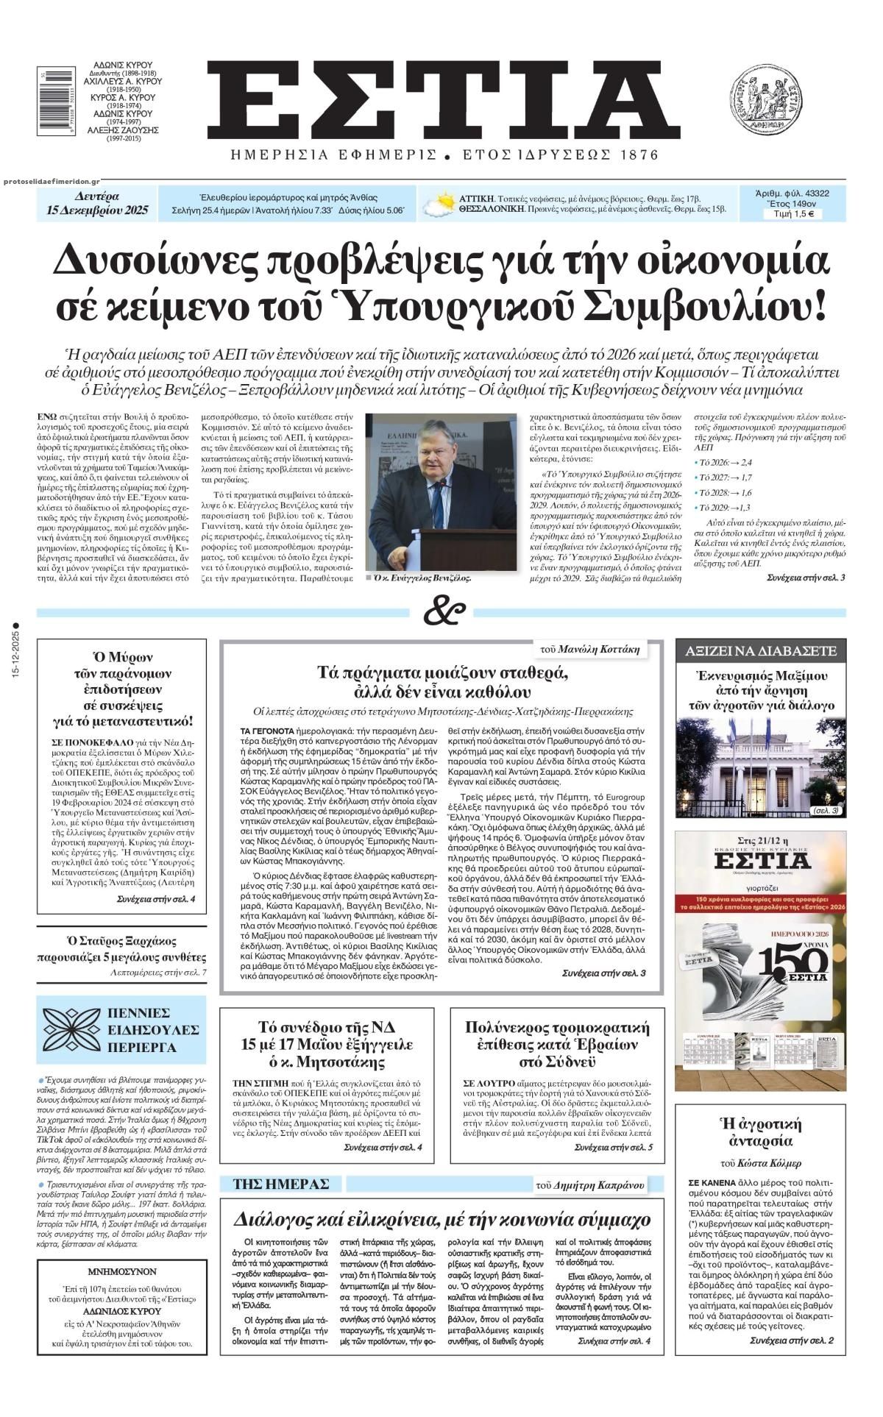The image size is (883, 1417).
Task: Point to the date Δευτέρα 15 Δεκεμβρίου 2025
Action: pos(96,204)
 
